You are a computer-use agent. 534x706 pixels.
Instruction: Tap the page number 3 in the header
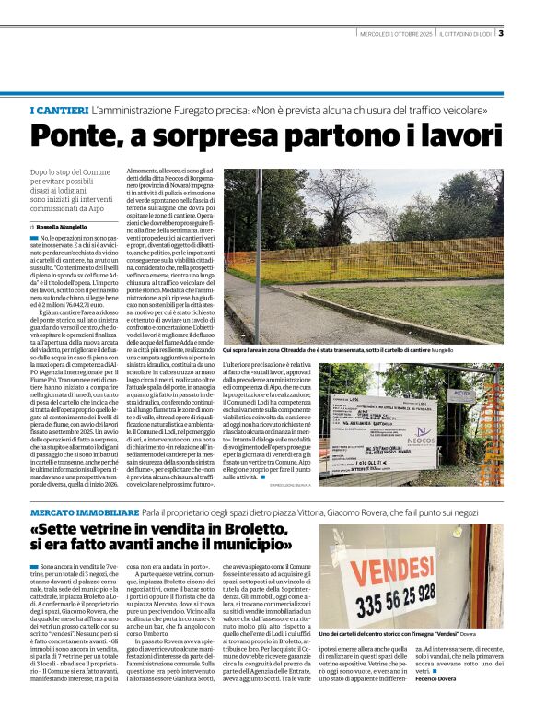500,34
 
